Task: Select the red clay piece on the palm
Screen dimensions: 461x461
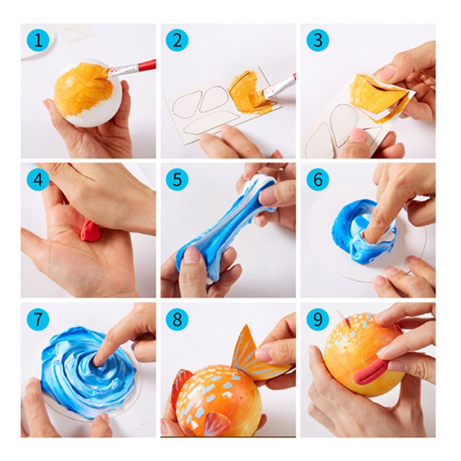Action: pyautogui.click(x=90, y=230)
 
